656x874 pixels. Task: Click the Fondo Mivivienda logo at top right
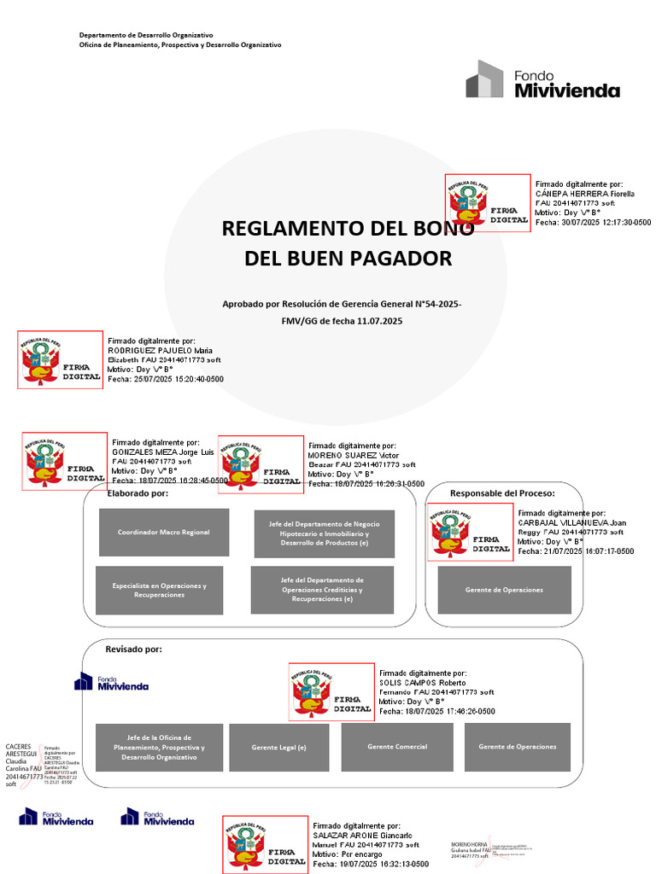(x=542, y=79)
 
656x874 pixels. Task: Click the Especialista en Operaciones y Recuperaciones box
(x=159, y=590)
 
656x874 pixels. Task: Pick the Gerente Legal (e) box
(x=278, y=748)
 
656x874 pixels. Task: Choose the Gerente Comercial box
(x=397, y=747)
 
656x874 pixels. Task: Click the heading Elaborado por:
(x=138, y=493)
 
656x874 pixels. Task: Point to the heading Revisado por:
(x=133, y=650)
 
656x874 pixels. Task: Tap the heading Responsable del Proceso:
(x=502, y=493)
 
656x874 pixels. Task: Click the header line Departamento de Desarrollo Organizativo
(x=146, y=35)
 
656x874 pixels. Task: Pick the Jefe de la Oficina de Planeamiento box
(x=159, y=748)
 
